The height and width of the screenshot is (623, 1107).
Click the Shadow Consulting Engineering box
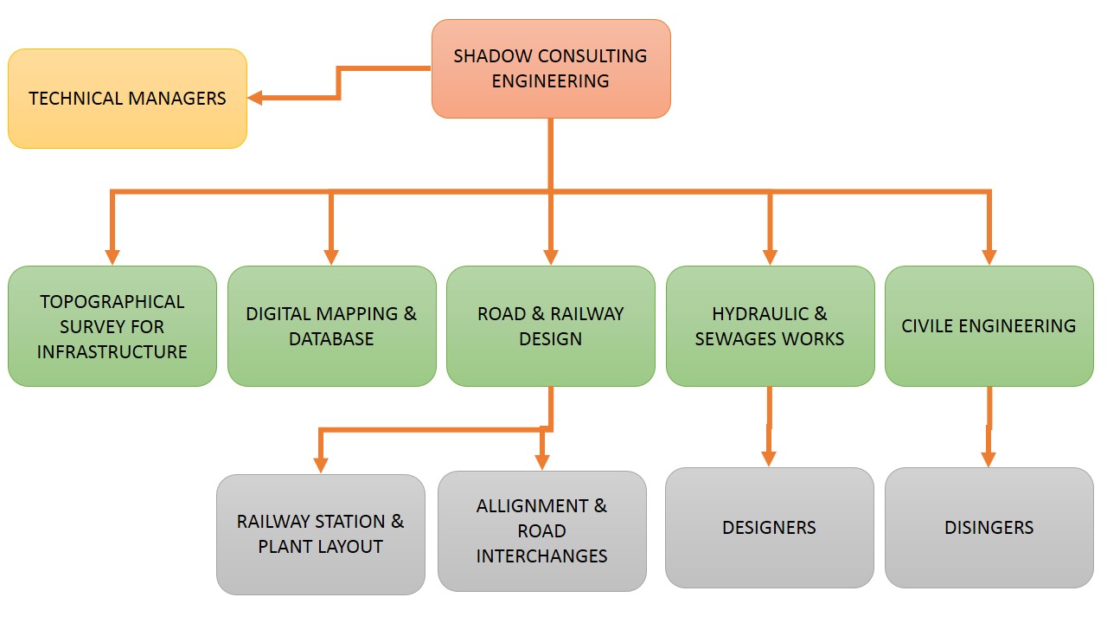coord(551,68)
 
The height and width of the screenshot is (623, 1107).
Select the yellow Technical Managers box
coord(127,99)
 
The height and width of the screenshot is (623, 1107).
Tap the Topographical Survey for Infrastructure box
coord(112,326)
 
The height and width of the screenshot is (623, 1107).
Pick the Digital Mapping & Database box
coord(331,326)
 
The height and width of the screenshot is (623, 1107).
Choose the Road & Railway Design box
coord(550,326)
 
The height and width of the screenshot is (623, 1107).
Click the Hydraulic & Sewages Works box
coord(770,326)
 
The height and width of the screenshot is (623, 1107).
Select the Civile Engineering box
coord(989,326)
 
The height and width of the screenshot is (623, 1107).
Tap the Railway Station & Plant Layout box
coord(320,534)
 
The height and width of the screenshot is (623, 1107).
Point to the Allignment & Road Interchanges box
coord(541,530)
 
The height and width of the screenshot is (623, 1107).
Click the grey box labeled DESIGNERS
coord(769,528)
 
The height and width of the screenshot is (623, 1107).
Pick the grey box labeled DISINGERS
coord(989,528)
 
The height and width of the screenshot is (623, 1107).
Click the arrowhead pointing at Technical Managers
coord(256,98)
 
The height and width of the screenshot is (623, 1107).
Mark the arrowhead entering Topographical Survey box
coord(112,257)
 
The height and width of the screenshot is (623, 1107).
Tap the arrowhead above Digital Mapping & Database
coord(331,257)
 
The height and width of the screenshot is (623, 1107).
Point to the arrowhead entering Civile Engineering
coord(989,257)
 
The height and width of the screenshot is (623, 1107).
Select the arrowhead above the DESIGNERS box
coord(770,459)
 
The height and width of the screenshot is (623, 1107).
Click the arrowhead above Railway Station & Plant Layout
coord(320,465)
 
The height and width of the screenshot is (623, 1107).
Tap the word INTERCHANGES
coord(541,556)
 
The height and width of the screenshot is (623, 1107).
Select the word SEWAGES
coord(731,338)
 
